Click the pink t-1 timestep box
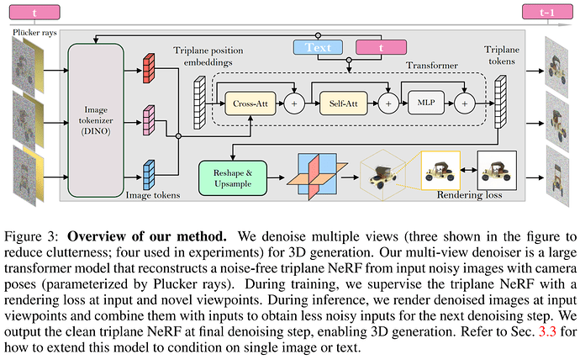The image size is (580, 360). point(547,13)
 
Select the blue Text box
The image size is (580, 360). point(318,47)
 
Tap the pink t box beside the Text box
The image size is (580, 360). point(381,47)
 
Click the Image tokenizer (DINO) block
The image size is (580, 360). point(96,120)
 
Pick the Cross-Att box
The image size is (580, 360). point(250,103)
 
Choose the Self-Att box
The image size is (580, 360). point(343,103)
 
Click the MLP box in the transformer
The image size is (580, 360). point(426,103)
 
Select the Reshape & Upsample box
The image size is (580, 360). point(233,178)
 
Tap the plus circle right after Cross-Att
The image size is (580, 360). point(294,103)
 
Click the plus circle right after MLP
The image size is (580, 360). point(465,103)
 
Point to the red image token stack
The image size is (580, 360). point(149,68)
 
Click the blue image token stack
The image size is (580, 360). point(149,175)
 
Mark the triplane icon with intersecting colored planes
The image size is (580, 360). point(317,177)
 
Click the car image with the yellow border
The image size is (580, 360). point(440,170)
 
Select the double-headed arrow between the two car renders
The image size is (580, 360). point(469,170)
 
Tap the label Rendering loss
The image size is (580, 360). point(469,195)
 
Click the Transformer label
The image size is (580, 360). point(432,66)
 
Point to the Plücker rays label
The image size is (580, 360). point(34,33)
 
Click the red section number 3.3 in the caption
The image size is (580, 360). point(547,331)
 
